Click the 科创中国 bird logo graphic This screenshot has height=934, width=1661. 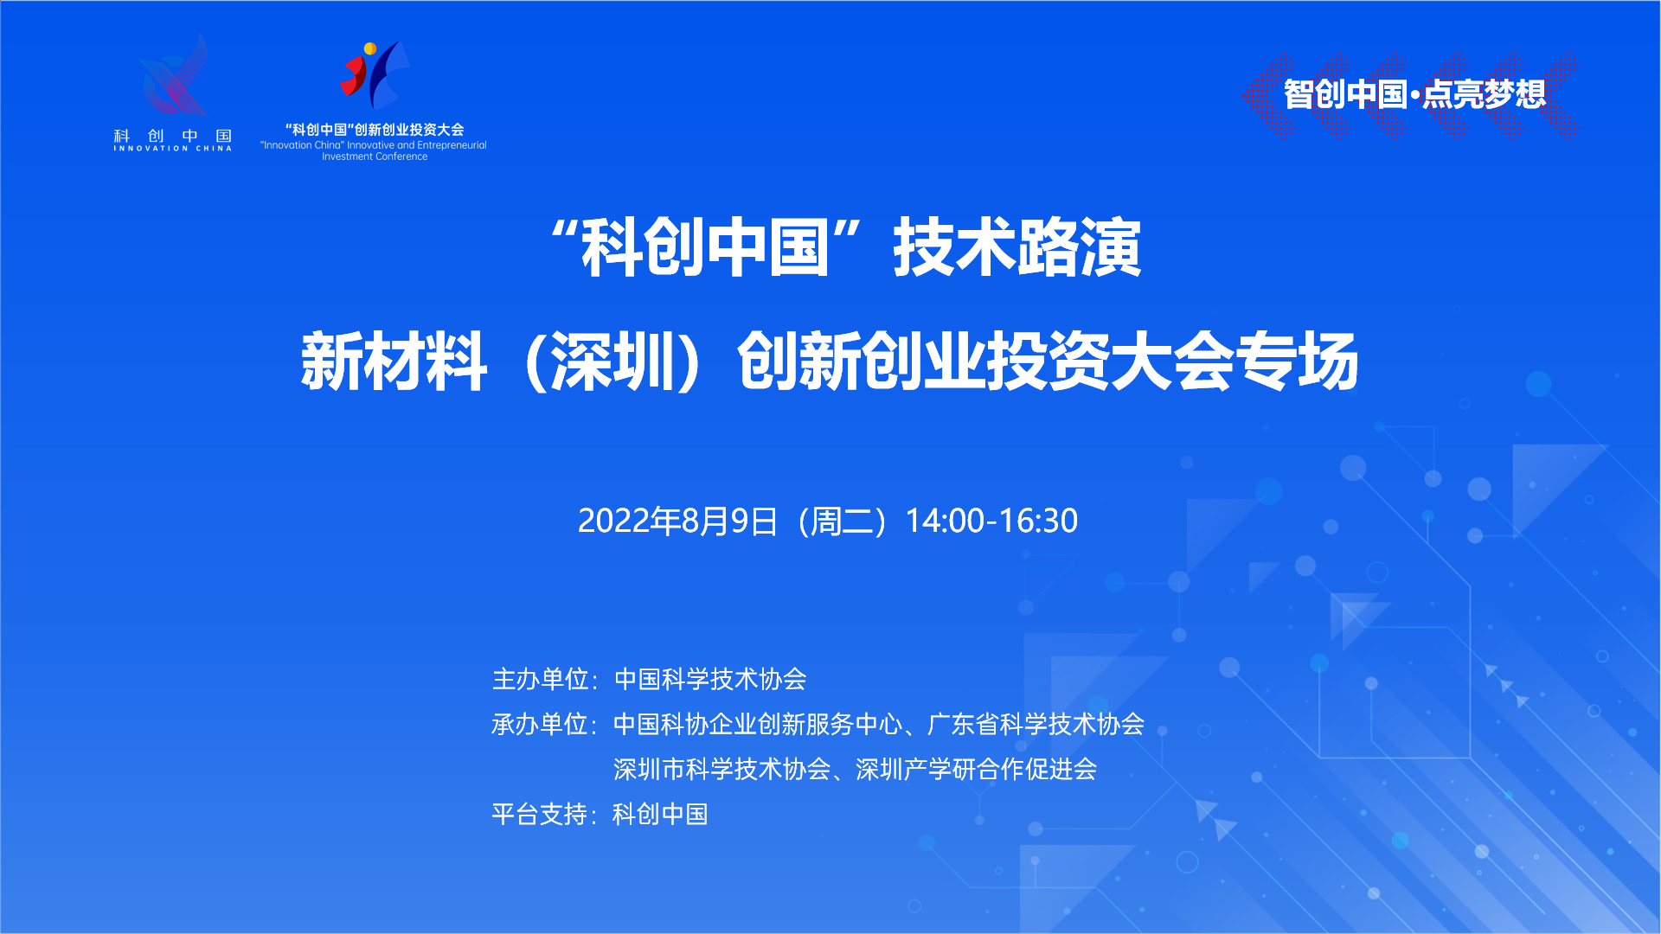click(x=174, y=75)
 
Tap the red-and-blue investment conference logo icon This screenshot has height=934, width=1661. click(x=375, y=75)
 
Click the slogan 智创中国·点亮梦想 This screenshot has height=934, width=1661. click(x=1414, y=94)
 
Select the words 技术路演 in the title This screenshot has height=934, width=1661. click(x=1017, y=248)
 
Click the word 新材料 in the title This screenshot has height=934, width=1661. click(x=394, y=361)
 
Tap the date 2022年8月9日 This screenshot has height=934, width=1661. click(x=677, y=521)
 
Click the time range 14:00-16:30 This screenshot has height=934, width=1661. click(x=991, y=521)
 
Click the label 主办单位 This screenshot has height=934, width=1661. click(x=541, y=679)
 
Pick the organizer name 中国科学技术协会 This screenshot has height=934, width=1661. click(x=710, y=679)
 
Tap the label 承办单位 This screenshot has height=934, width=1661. click(x=541, y=724)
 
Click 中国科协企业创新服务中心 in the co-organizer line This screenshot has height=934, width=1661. click(x=758, y=724)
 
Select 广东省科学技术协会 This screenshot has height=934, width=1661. click(x=1036, y=724)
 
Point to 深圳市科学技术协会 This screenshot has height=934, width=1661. click(x=721, y=769)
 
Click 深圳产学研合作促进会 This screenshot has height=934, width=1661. click(x=976, y=769)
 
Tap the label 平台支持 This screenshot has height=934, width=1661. click(x=541, y=814)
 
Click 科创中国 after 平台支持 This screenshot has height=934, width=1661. click(x=660, y=814)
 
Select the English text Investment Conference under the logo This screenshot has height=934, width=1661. click(x=375, y=157)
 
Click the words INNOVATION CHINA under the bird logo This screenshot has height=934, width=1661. click(x=173, y=149)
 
